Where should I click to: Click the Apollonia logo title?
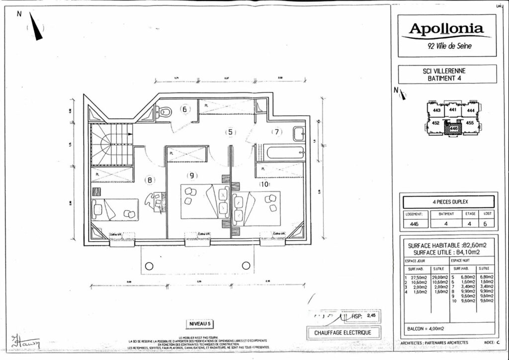click(446, 29)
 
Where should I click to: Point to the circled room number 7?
click(276, 132)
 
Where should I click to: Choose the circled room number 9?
click(192, 175)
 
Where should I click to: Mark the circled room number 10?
click(265, 183)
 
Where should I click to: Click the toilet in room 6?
click(165, 112)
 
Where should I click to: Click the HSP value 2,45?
click(371, 315)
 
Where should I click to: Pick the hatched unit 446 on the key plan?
click(453, 128)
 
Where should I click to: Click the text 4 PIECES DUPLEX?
click(447, 202)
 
